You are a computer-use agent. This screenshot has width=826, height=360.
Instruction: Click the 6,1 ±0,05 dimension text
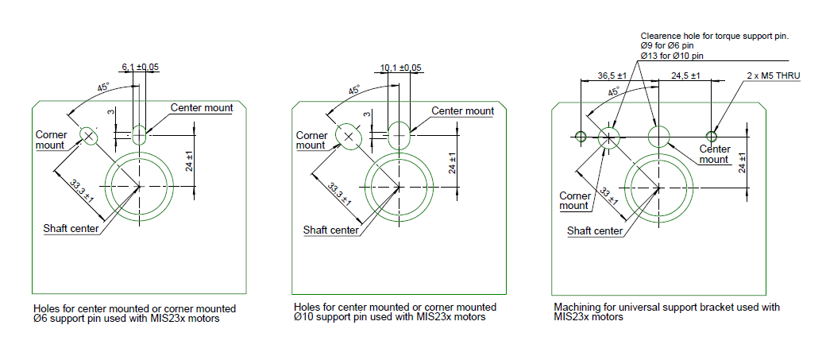(x=140, y=67)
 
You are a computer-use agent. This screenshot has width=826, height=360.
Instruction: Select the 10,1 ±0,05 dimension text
(x=401, y=68)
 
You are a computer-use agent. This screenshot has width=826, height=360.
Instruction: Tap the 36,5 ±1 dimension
(x=612, y=76)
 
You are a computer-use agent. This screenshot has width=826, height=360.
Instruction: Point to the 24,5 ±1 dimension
(x=685, y=76)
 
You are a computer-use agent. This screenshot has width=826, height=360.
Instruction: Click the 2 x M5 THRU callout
(x=774, y=76)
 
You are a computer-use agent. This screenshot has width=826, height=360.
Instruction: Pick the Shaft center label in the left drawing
(x=71, y=228)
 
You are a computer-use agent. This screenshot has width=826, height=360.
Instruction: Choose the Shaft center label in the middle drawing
(x=331, y=230)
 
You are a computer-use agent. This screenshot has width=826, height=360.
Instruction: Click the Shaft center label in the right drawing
(x=595, y=231)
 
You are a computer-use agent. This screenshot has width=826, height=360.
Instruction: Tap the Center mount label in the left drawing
(x=202, y=108)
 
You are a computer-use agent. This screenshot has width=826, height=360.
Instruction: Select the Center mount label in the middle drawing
(x=463, y=110)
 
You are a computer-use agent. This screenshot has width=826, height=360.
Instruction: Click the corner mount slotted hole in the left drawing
(x=89, y=136)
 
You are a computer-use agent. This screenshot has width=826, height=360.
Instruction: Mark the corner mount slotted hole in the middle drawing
(x=348, y=137)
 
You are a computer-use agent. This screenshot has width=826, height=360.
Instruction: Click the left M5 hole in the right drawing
(x=581, y=137)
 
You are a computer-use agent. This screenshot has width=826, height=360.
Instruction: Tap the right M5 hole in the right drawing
(x=711, y=137)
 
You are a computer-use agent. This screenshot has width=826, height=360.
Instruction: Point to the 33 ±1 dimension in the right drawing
(x=608, y=195)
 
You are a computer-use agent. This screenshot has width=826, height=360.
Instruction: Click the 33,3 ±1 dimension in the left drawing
(x=82, y=191)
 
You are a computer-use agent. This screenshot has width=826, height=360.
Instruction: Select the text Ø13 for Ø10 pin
(x=672, y=56)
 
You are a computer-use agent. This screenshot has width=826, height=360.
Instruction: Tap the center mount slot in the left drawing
(x=140, y=134)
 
